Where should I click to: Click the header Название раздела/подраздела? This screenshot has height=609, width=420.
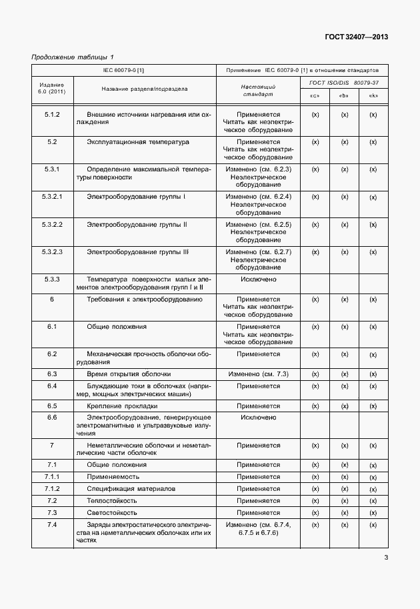[x=145, y=89]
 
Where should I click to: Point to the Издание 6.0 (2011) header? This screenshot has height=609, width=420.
[x=52, y=89]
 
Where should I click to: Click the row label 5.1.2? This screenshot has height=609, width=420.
[x=52, y=115]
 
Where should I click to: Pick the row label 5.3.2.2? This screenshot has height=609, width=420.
[x=52, y=224]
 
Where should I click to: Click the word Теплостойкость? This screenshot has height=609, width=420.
[x=112, y=500]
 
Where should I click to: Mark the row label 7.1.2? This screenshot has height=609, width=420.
[x=52, y=488]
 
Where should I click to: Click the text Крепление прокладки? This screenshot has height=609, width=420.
[x=122, y=405]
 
